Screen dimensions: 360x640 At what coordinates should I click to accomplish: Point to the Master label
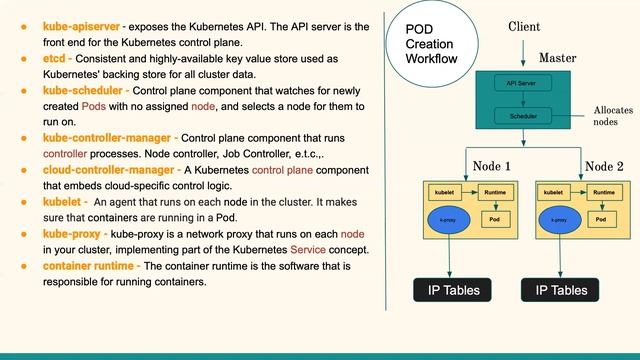tap(557, 59)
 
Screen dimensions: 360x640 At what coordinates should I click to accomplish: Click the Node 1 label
tap(492, 166)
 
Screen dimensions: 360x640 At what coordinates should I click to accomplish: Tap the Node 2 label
tap(604, 166)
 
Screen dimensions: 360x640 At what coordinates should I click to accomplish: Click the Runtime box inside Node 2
tap(602, 190)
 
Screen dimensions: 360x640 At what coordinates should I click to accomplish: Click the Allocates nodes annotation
tap(612, 116)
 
